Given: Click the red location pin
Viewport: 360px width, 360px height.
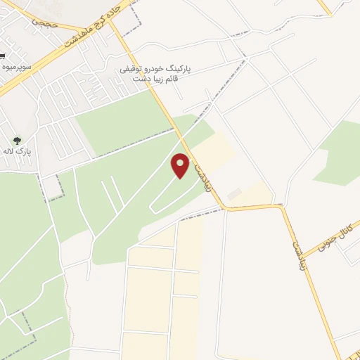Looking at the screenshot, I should (x=181, y=165).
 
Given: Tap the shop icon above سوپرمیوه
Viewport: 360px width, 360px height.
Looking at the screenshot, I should (x=3, y=55).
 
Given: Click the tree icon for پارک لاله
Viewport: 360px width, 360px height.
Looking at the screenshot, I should (x=17, y=140).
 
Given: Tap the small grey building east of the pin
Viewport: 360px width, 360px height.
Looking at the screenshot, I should (x=234, y=193).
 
